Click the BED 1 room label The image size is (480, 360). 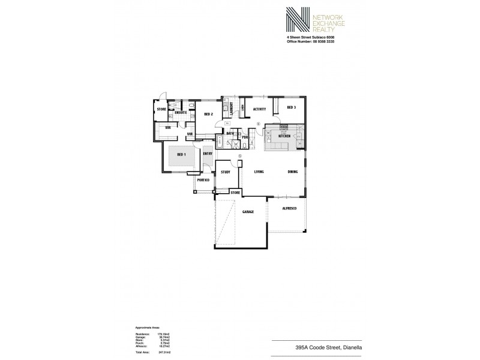tap(181, 155)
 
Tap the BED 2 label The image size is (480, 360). tap(208, 114)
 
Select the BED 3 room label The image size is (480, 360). tap(291, 107)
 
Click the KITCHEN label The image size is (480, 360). tap(284, 137)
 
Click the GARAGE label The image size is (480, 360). tap(248, 212)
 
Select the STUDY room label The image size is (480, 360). tap(226, 172)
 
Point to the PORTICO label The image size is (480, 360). tap(203, 179)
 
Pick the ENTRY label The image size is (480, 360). tap(208, 154)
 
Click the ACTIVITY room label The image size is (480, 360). tap(259, 109)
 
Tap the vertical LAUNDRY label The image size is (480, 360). tap(232, 109)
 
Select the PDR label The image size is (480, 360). tap(245, 137)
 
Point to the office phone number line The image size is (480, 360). tap(311, 40)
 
